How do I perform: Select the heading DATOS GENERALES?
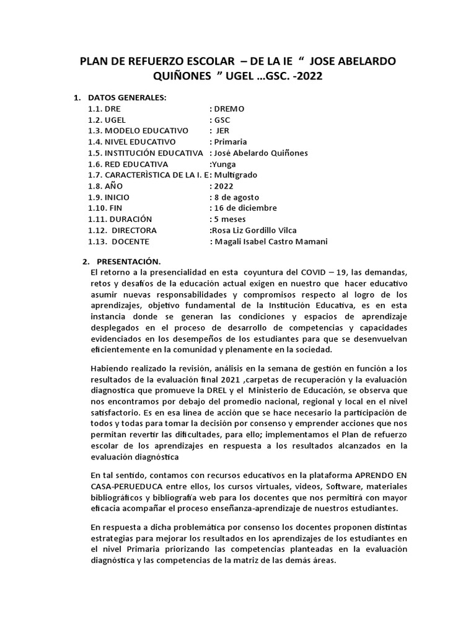click(x=127, y=97)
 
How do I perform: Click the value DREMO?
click(x=229, y=109)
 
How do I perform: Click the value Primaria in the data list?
click(x=231, y=142)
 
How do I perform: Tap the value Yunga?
click(x=224, y=164)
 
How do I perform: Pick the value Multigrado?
click(x=235, y=175)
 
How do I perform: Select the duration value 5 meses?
click(x=230, y=219)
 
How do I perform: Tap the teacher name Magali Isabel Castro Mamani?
click(x=270, y=241)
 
